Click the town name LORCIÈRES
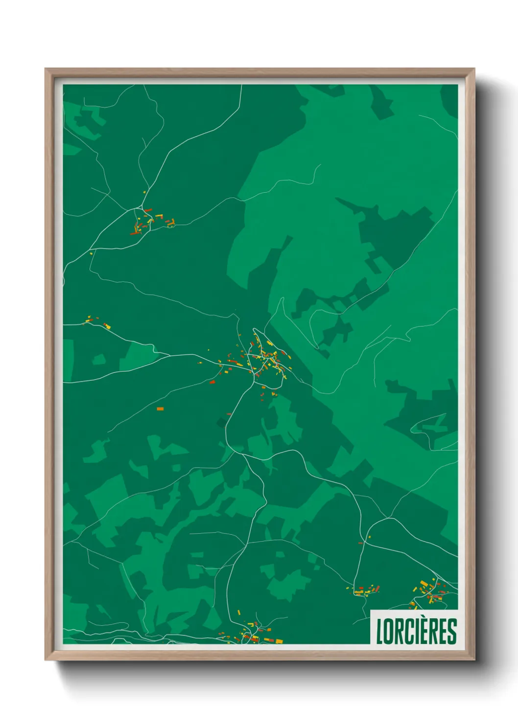(x=416, y=631)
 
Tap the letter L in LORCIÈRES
(x=379, y=632)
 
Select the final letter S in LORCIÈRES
(x=452, y=632)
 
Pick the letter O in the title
(x=389, y=632)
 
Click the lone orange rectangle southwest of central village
(x=160, y=408)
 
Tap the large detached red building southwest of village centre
(x=212, y=382)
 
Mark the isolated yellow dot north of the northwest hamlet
(x=144, y=192)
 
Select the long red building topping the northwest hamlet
(x=148, y=210)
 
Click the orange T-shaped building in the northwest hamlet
(x=159, y=216)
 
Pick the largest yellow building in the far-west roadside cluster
(x=108, y=326)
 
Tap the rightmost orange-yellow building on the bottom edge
(x=279, y=641)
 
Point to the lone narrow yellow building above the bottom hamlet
(x=238, y=612)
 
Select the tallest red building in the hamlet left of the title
(x=377, y=589)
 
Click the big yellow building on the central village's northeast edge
(x=269, y=343)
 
